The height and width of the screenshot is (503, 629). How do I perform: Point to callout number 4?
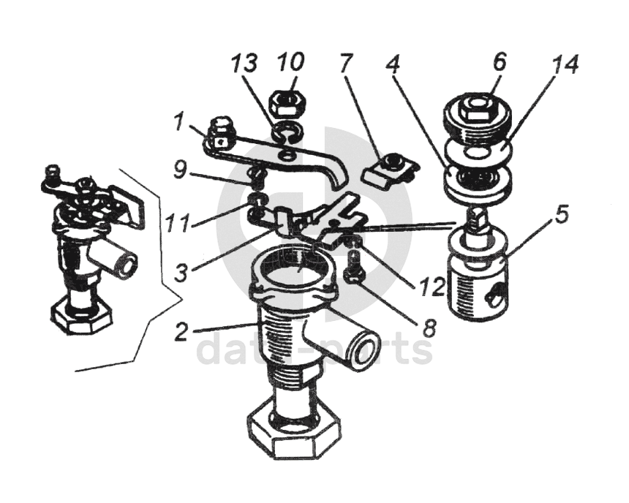(x=393, y=61)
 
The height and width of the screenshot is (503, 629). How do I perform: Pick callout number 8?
(x=428, y=327)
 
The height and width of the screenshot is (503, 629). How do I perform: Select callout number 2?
(x=181, y=331)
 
